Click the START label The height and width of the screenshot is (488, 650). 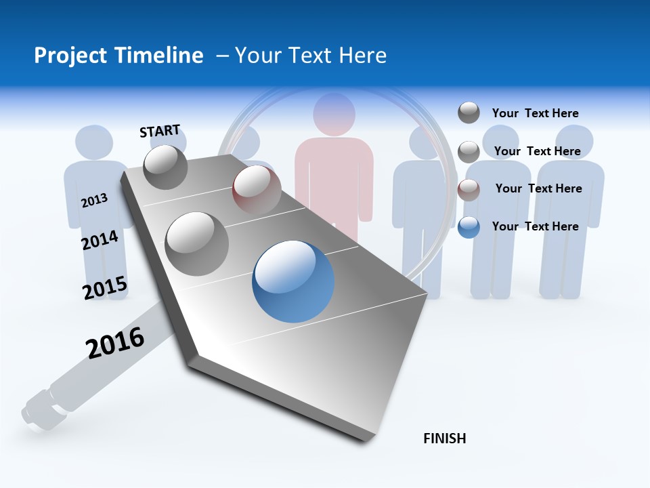click(160, 131)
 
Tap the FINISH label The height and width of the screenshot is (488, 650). click(444, 439)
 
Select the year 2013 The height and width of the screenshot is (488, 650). click(94, 200)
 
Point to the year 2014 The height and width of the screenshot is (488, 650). click(100, 240)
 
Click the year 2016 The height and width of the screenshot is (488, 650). click(115, 342)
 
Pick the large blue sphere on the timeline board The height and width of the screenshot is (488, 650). click(293, 281)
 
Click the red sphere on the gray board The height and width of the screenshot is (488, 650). click(257, 189)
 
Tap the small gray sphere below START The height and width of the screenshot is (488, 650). click(165, 167)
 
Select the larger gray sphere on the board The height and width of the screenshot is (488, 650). click(197, 243)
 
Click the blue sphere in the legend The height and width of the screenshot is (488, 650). click(469, 227)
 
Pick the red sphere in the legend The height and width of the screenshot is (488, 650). click(469, 190)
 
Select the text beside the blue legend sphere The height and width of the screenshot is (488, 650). click(535, 226)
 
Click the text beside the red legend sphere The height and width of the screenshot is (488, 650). click(538, 188)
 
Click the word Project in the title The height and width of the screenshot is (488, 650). click(69, 56)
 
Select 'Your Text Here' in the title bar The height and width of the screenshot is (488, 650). click(311, 56)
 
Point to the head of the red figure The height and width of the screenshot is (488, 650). click(334, 113)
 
